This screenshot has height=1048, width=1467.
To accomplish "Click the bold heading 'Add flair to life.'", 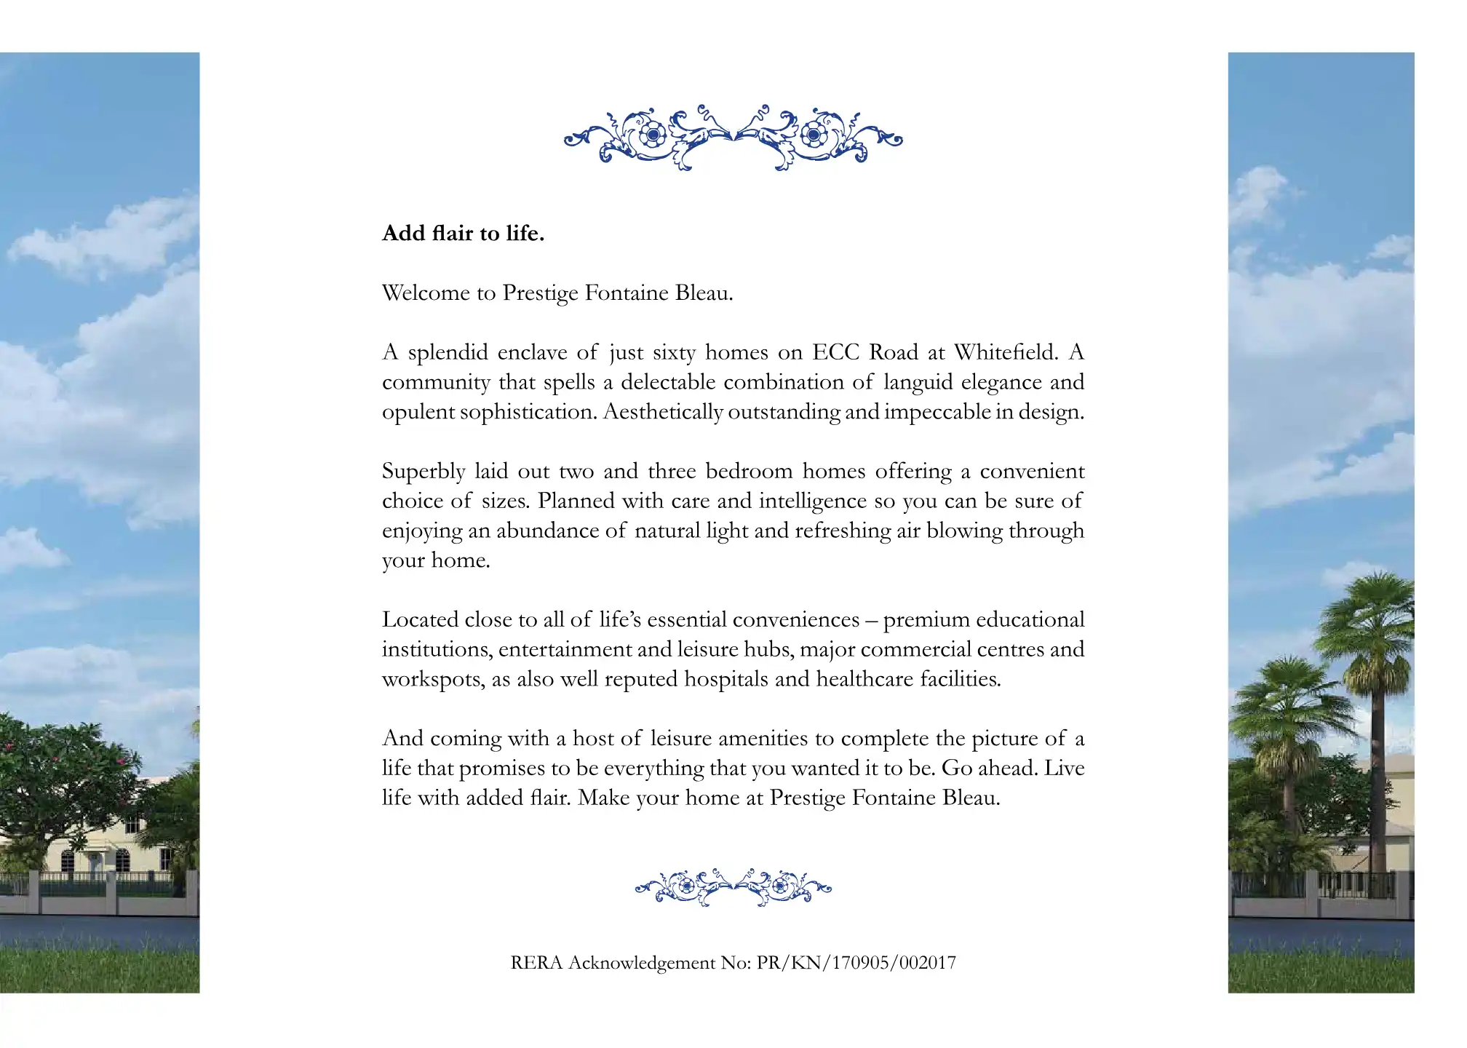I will click(x=463, y=234).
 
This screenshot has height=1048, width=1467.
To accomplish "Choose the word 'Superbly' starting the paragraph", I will click(x=424, y=472).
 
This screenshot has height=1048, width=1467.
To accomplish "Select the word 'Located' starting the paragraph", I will click(x=420, y=620).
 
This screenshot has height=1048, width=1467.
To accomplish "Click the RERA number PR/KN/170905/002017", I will click(x=856, y=963).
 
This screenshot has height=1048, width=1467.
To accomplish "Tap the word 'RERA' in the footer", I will click(x=536, y=963).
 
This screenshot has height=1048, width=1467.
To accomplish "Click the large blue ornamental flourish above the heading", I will click(x=733, y=137).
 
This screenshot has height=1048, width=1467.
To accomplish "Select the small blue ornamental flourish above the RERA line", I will click(x=733, y=887).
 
